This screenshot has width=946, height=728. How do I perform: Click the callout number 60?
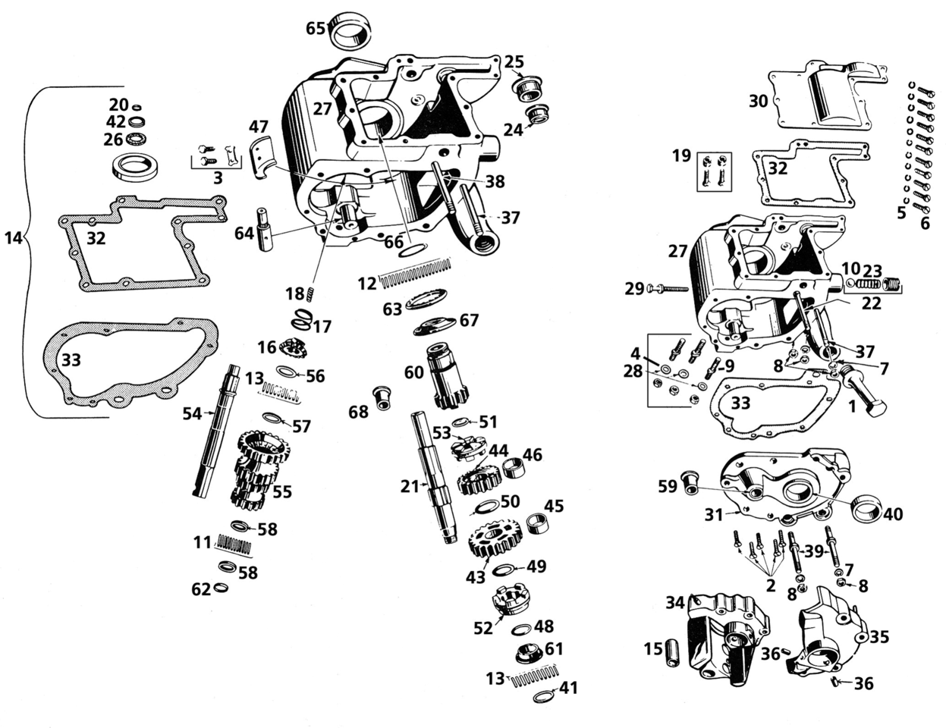[413, 372]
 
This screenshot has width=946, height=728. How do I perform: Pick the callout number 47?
[259, 127]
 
